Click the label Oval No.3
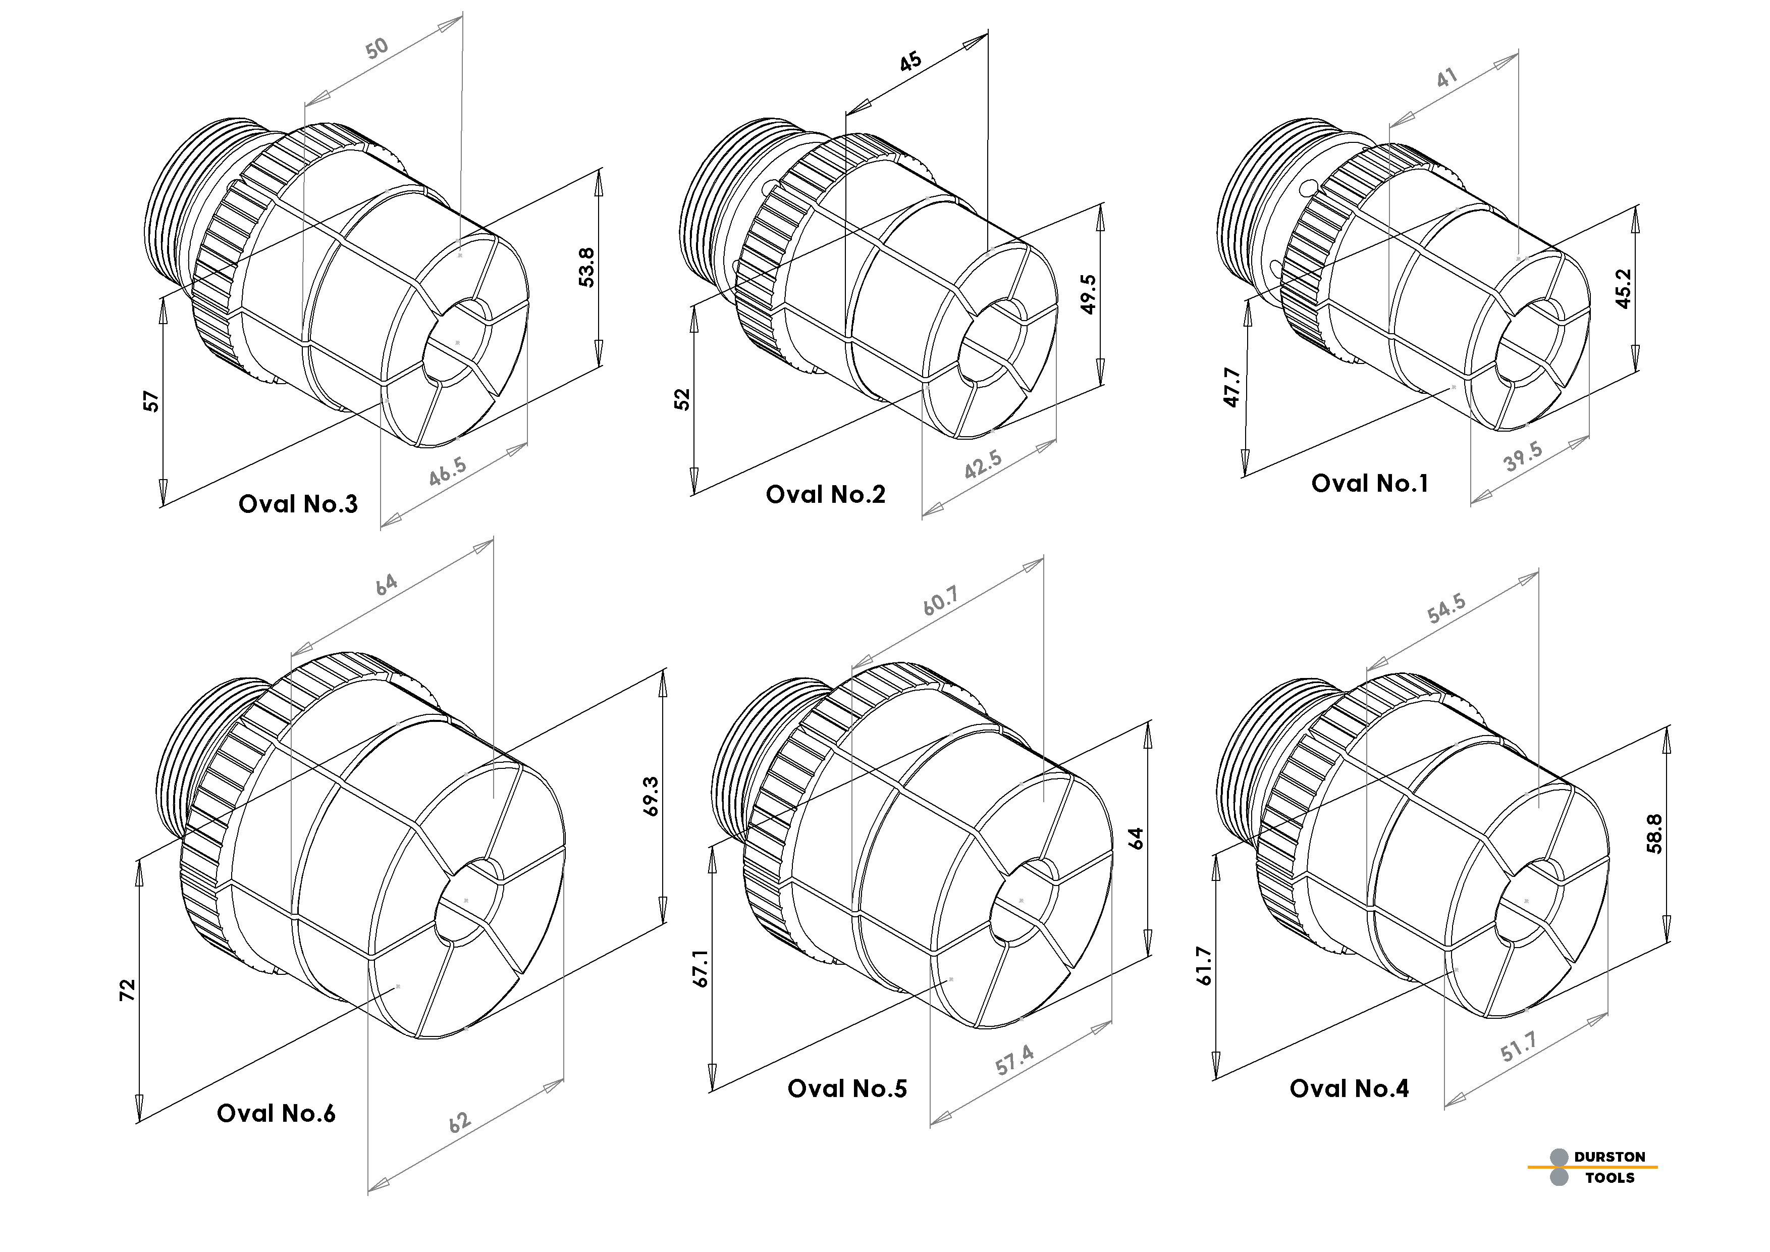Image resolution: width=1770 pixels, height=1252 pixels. pos(298,504)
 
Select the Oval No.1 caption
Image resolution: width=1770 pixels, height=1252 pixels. pos(1369,483)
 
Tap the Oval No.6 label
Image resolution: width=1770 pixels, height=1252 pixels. pos(276,1113)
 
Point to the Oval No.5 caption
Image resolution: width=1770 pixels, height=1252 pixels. pos(847,1088)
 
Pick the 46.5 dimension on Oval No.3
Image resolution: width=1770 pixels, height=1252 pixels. pos(447,471)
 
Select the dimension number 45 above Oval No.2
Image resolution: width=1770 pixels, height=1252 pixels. pos(910,61)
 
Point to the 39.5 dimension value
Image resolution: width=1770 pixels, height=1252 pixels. pos(1523,456)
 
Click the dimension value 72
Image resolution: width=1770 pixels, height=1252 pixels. pos(127,990)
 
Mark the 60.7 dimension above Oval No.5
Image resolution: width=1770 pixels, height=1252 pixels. pos(940,601)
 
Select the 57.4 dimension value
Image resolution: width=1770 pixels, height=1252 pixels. pos(1014,1061)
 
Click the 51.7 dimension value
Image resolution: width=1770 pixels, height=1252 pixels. pos(1519,1048)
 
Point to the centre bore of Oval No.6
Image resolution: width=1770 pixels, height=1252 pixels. pos(466,901)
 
